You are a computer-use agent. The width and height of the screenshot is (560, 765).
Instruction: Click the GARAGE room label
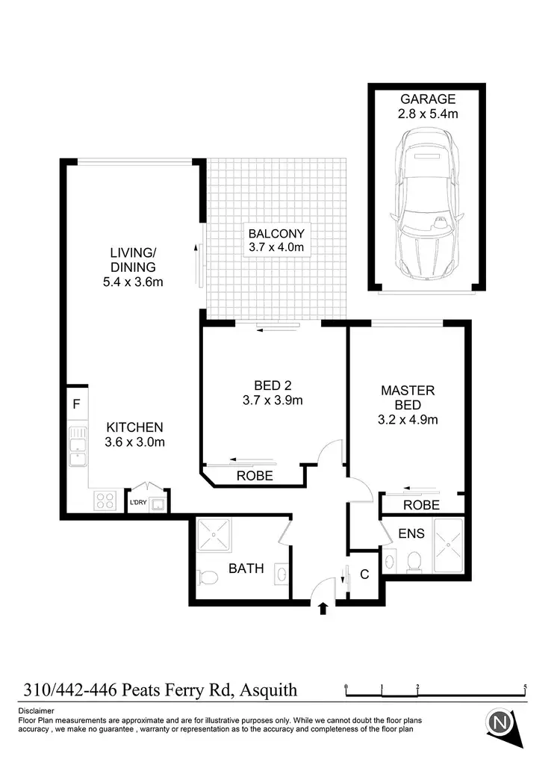click(428, 99)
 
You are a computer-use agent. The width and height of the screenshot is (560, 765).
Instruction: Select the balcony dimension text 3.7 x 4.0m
click(277, 247)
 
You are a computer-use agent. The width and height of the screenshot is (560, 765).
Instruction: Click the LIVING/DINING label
click(133, 259)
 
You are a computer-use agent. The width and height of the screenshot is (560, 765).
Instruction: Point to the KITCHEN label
click(134, 427)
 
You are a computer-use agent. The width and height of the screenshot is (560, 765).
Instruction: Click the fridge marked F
click(76, 405)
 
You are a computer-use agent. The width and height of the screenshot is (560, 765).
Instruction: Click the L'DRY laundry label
click(138, 503)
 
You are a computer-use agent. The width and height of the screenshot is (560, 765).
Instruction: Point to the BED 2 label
click(272, 385)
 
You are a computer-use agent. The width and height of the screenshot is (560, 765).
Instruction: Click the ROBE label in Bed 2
click(255, 476)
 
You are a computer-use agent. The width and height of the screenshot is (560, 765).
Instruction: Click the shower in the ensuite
click(448, 547)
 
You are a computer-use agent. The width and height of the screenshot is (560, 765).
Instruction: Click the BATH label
click(246, 569)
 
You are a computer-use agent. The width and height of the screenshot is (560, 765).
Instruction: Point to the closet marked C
click(364, 574)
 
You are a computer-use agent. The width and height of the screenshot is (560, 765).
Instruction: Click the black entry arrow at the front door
click(323, 608)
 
